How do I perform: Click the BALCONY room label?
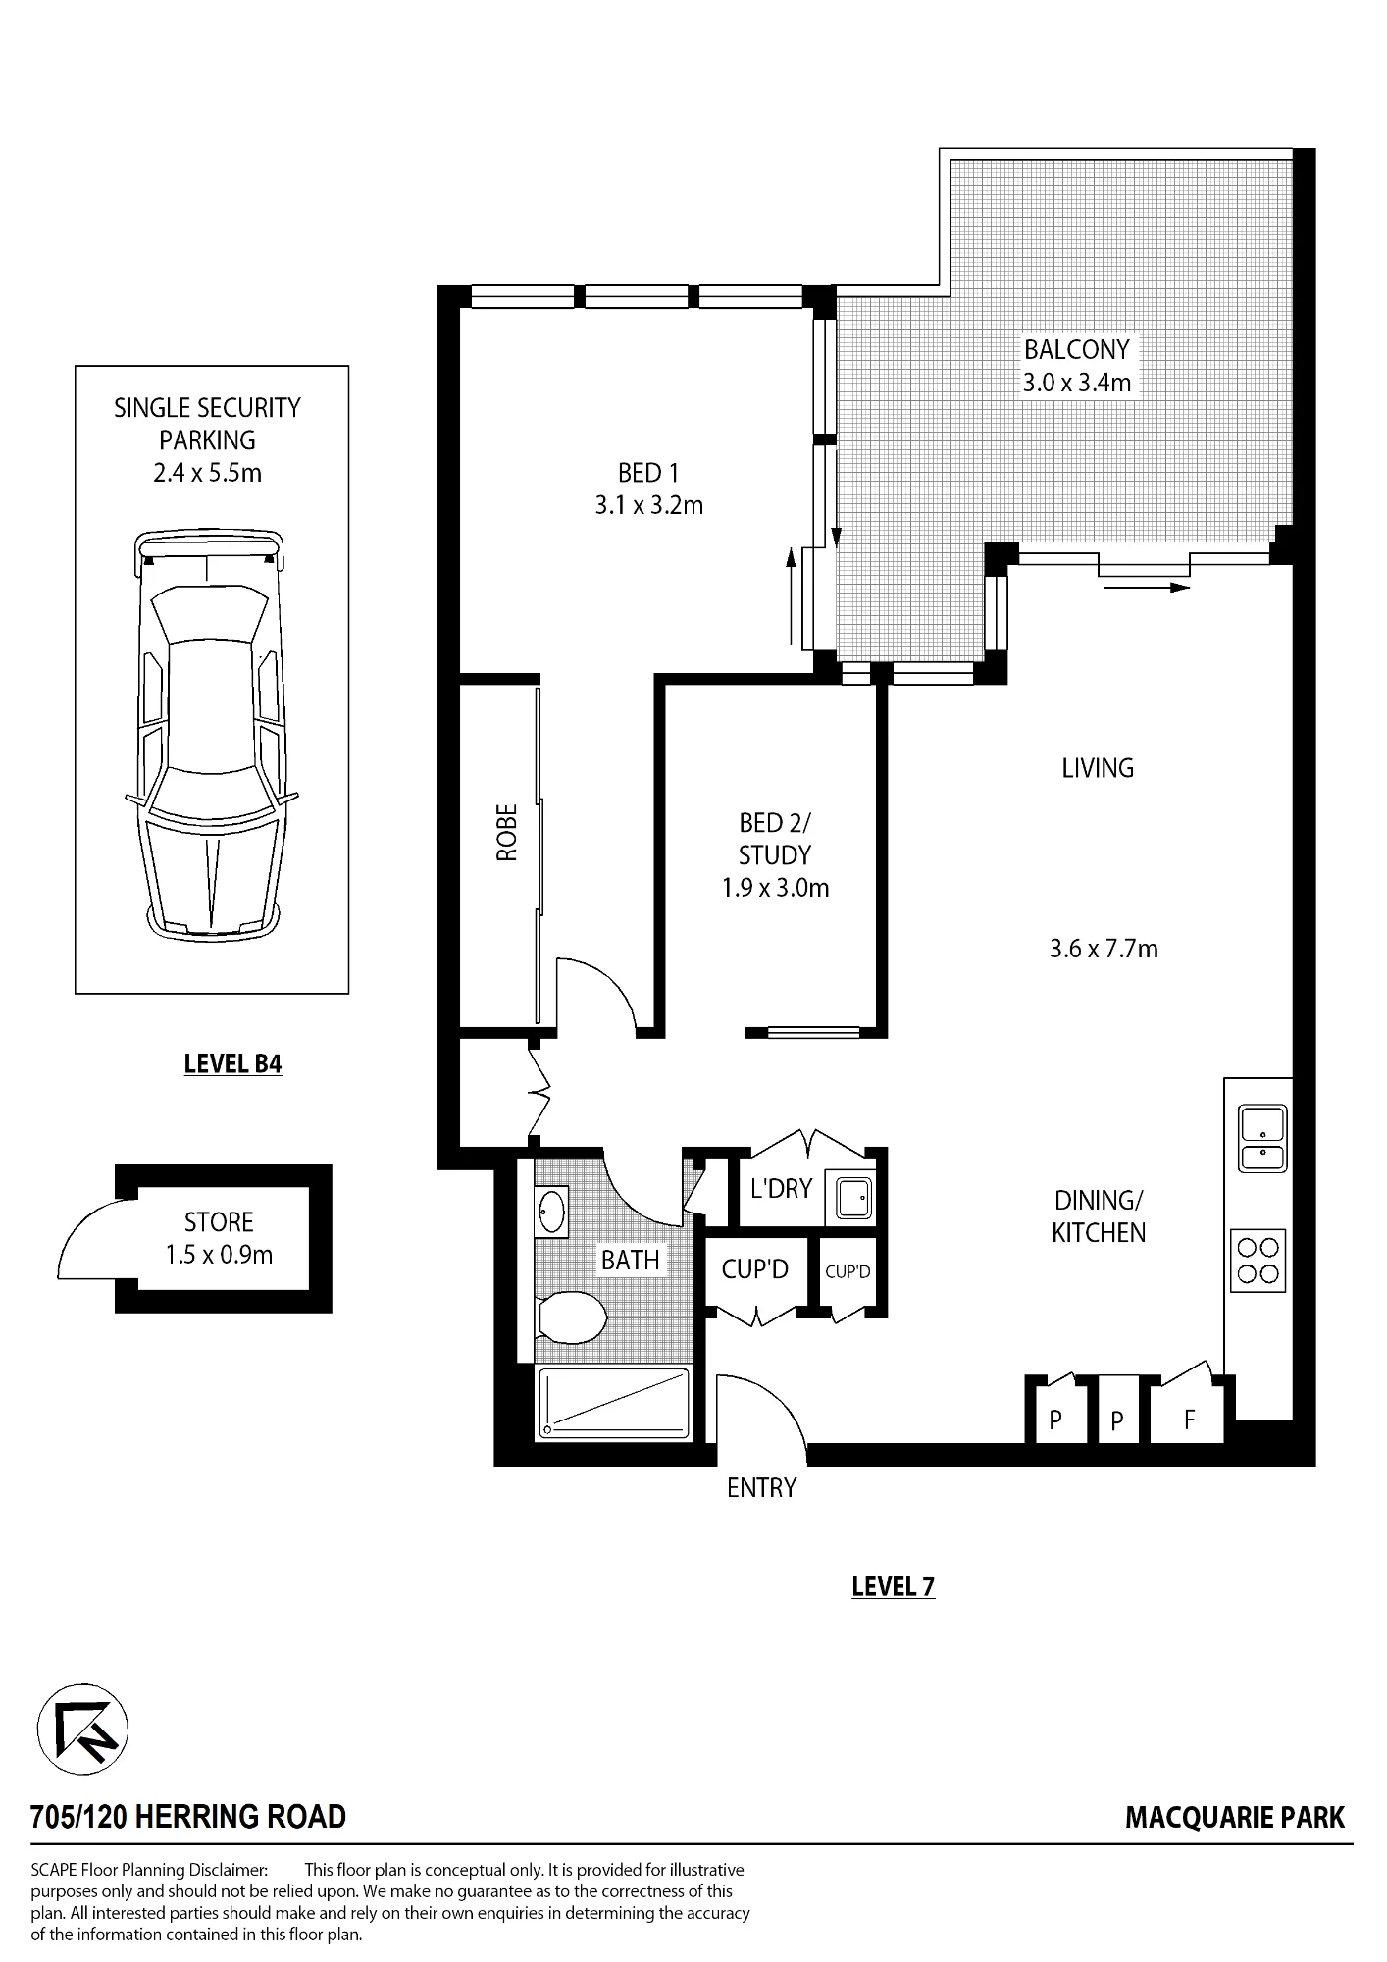point(1077,349)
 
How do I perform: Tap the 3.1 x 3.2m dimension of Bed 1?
point(649,506)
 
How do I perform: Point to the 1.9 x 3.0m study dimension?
point(775,888)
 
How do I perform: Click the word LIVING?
point(1098,768)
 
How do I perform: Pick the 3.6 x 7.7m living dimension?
point(1104,949)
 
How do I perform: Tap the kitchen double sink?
point(1262,1138)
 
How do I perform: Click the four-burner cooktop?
point(1259,1261)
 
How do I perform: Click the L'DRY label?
point(781,1189)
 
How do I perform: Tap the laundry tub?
point(848,1194)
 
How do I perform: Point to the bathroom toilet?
point(570,1316)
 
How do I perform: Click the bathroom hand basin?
point(551,1211)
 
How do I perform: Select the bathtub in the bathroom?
point(613,1403)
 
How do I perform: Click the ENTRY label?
point(761,1488)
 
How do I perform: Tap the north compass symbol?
point(82,1729)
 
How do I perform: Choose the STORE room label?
point(219,1222)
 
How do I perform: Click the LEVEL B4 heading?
point(233,1064)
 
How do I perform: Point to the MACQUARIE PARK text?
point(1235,1818)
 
